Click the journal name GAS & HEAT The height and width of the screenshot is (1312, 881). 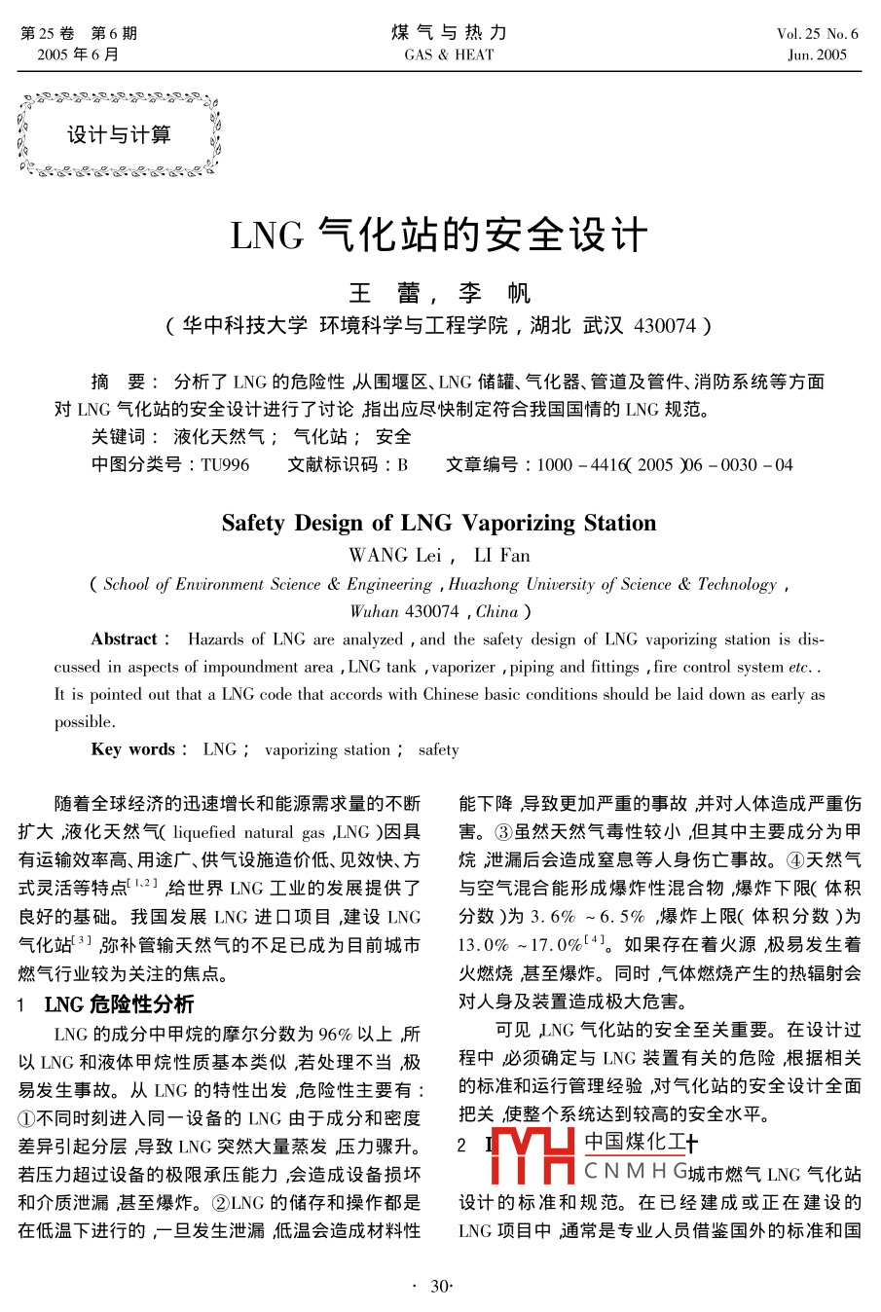(449, 55)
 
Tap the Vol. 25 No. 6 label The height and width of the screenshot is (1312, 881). (817, 33)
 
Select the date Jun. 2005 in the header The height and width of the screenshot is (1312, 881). (817, 55)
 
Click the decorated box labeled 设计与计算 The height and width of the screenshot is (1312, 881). (119, 134)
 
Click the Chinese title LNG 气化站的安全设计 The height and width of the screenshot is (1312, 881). (439, 236)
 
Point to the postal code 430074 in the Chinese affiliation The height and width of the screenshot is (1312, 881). (665, 325)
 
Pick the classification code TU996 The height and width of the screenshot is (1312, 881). (225, 464)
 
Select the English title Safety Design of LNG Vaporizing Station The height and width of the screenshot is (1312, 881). (439, 523)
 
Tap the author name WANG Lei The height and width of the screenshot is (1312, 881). (394, 555)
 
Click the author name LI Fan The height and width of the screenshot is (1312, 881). (501, 555)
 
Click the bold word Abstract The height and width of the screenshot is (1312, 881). (125, 639)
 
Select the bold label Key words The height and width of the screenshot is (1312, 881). (133, 749)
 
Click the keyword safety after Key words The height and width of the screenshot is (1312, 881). (438, 749)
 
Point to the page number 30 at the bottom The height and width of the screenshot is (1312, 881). (439, 1287)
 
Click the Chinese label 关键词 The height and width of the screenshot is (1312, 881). (118, 437)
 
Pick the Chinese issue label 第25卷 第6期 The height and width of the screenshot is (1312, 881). (79, 33)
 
